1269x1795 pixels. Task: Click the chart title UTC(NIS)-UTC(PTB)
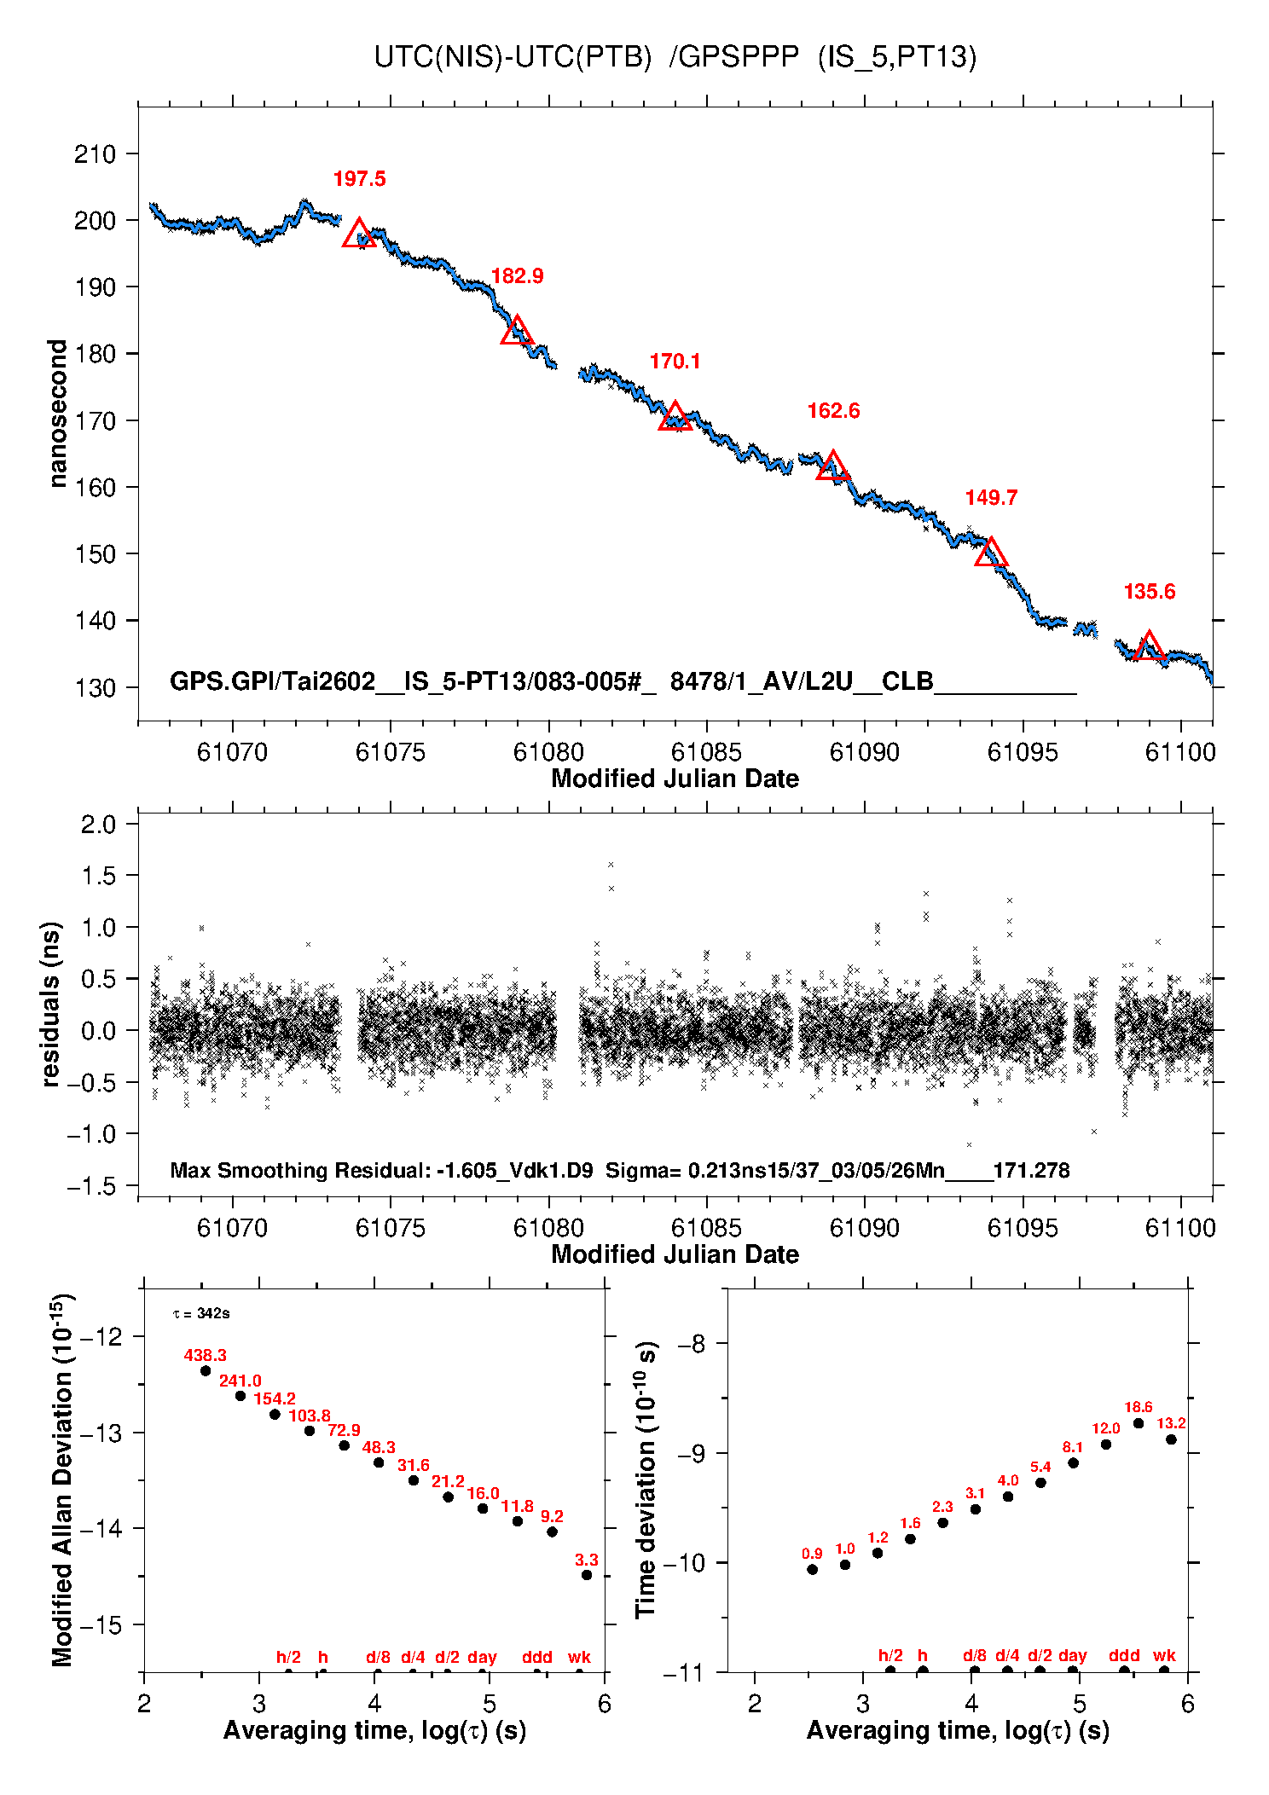(513, 57)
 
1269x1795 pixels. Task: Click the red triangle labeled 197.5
(359, 234)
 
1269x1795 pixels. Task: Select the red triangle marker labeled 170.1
(675, 417)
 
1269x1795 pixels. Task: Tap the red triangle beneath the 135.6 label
(1149, 647)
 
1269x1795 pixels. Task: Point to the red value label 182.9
(517, 276)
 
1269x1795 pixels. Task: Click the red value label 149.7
(991, 498)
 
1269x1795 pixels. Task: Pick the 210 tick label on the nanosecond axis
(95, 154)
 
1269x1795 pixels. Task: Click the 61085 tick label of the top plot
(706, 752)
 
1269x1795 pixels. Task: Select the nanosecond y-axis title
(57, 414)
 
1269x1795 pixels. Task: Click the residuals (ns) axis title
(51, 1004)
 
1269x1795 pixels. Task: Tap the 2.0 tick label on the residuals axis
(98, 825)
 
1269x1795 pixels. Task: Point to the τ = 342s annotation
(201, 1313)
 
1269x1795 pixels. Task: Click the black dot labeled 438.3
(206, 1371)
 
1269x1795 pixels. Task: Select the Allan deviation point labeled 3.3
(587, 1575)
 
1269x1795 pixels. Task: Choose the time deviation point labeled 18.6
(1139, 1423)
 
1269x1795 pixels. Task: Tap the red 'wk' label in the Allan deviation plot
(579, 1657)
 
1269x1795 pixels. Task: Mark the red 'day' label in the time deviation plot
(1072, 1655)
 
